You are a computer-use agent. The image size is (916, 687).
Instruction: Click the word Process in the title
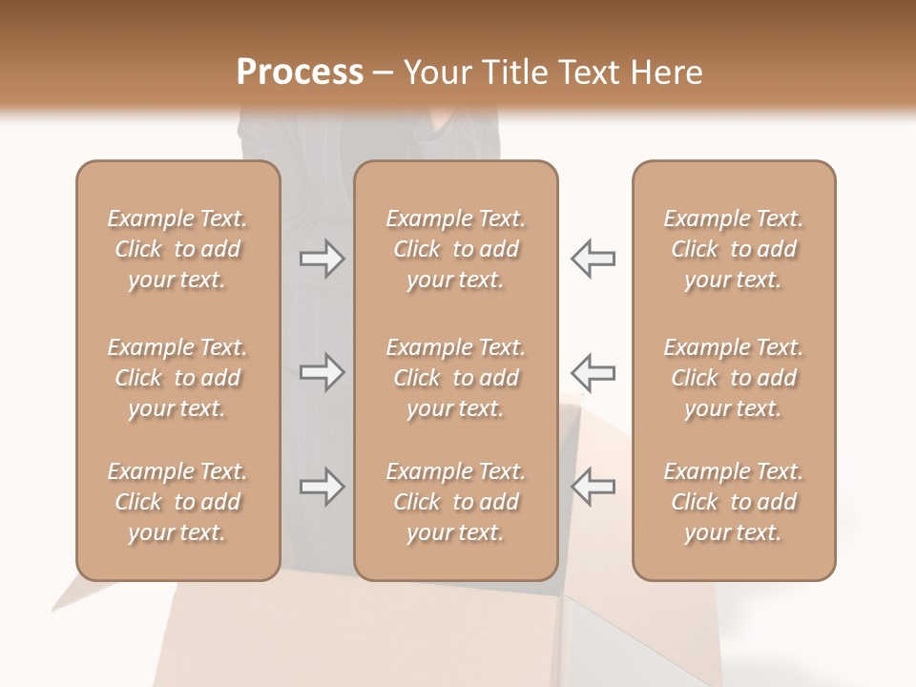point(300,73)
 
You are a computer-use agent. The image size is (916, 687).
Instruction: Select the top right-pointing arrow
point(322,259)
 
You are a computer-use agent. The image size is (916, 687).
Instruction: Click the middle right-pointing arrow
point(322,372)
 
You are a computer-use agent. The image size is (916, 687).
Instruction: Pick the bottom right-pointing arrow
point(322,487)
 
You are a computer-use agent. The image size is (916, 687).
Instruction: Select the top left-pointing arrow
point(593,259)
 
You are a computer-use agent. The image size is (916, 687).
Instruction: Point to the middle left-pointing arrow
point(593,372)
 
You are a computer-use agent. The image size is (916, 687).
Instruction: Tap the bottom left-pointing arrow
point(593,487)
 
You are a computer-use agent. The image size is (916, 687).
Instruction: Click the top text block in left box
point(177,249)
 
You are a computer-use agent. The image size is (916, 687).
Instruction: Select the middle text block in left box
point(177,378)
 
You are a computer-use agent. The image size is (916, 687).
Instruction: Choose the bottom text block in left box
point(177,502)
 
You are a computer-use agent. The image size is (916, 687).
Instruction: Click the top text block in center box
point(456,249)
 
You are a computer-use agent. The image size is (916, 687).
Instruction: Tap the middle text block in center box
point(456,378)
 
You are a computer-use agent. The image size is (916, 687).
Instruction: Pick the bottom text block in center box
point(456,502)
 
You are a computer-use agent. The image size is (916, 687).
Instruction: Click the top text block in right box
point(734,249)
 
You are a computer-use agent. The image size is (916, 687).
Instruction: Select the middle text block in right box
point(734,378)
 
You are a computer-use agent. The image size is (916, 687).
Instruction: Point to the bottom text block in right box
point(734,502)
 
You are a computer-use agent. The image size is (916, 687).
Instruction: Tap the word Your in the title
point(434,73)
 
